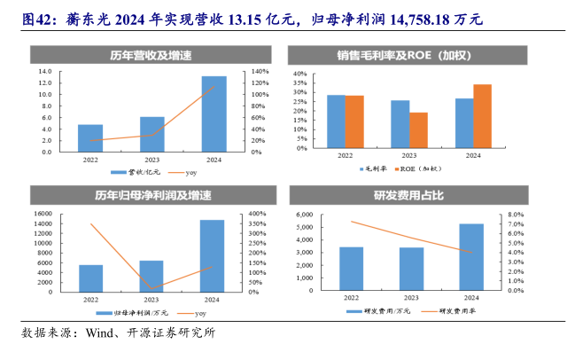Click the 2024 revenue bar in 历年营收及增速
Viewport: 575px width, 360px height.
(214, 113)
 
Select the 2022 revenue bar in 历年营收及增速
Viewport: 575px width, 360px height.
(90, 138)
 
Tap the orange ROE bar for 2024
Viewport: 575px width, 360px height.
(482, 116)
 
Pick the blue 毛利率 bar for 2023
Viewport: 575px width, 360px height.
(400, 124)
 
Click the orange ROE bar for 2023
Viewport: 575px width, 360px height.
(418, 130)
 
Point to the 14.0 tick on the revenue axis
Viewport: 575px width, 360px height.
(43, 71)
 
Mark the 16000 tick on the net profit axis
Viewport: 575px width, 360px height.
(40, 214)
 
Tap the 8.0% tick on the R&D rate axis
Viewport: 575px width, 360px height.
(518, 214)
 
